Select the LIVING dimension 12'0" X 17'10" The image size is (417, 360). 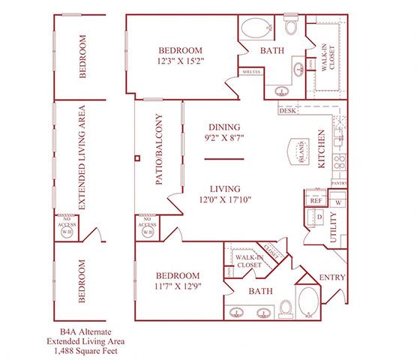(225, 200)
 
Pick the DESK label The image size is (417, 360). (287, 111)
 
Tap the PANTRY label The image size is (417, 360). (338, 182)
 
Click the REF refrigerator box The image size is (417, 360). (315, 201)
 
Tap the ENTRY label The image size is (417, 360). (332, 277)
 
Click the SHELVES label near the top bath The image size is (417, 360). (250, 72)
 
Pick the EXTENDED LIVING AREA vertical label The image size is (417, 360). (82, 158)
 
